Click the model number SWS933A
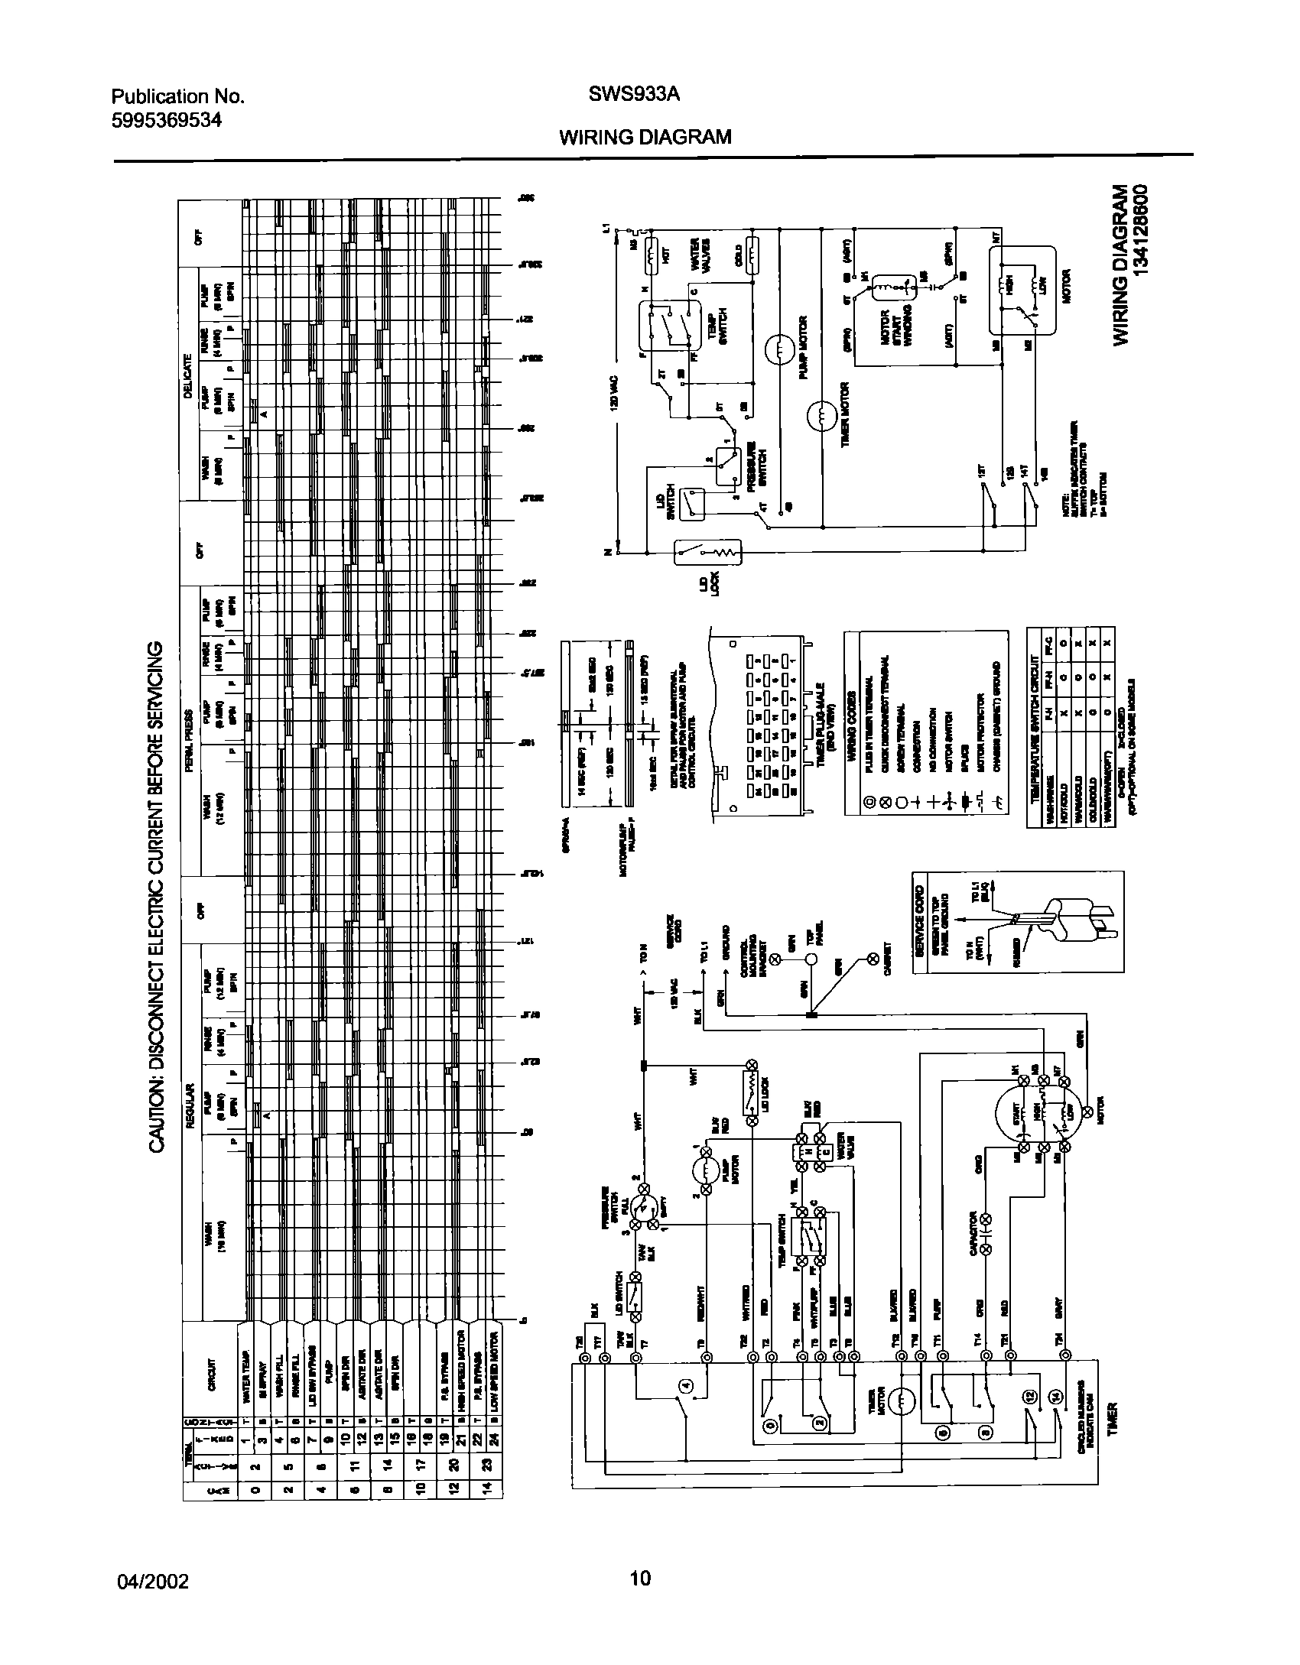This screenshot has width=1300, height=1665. tap(634, 96)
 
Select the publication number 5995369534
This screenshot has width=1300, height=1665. tap(167, 120)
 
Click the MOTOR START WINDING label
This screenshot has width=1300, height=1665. tap(895, 329)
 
